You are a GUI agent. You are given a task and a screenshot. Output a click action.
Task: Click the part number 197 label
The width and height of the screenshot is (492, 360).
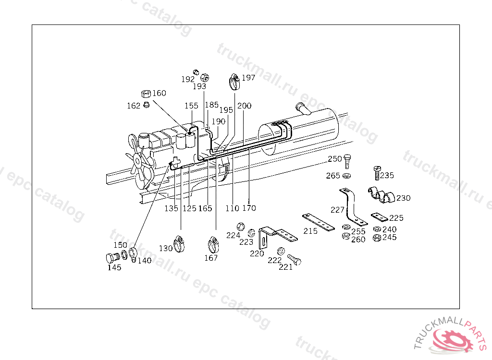(248, 78)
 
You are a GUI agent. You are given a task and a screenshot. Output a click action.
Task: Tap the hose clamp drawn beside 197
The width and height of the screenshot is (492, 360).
(234, 82)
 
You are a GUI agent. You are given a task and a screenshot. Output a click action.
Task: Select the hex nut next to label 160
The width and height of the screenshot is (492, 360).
(146, 94)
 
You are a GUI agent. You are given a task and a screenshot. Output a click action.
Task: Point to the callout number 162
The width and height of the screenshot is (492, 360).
(134, 106)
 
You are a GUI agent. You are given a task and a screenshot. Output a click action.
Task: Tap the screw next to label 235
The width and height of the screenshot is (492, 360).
(377, 172)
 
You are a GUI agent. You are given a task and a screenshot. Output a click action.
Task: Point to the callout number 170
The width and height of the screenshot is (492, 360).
(249, 208)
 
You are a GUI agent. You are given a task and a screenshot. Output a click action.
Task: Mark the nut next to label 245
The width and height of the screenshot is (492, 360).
(377, 238)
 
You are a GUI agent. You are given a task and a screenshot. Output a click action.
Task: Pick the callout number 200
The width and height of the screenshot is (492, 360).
(244, 106)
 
